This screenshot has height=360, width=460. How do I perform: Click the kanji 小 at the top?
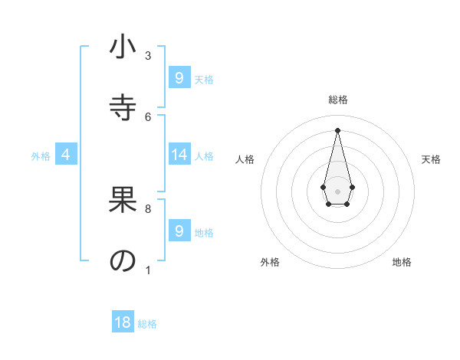[x=123, y=47]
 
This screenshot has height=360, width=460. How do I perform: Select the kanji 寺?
[x=123, y=106]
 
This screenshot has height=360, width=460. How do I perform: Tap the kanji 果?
[x=123, y=201]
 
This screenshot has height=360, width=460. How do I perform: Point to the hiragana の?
[x=123, y=260]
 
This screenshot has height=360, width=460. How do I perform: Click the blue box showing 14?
[x=179, y=155]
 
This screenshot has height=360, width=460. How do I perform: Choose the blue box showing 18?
[x=123, y=322]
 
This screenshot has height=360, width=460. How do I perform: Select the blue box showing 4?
[x=66, y=155]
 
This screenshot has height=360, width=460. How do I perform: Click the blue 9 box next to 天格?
[x=179, y=78]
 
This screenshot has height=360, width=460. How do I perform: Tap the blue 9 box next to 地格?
[x=179, y=231]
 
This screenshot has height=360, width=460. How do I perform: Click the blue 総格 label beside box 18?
[x=147, y=324]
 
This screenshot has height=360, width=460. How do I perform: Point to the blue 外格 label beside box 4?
[x=41, y=156]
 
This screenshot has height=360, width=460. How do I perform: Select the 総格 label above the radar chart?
[x=338, y=100]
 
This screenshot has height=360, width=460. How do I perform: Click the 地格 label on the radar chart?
[x=402, y=262]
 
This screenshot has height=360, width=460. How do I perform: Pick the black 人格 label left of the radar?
[x=245, y=159]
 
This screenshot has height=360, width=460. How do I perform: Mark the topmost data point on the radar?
[x=338, y=129]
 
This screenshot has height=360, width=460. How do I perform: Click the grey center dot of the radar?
[x=338, y=191]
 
